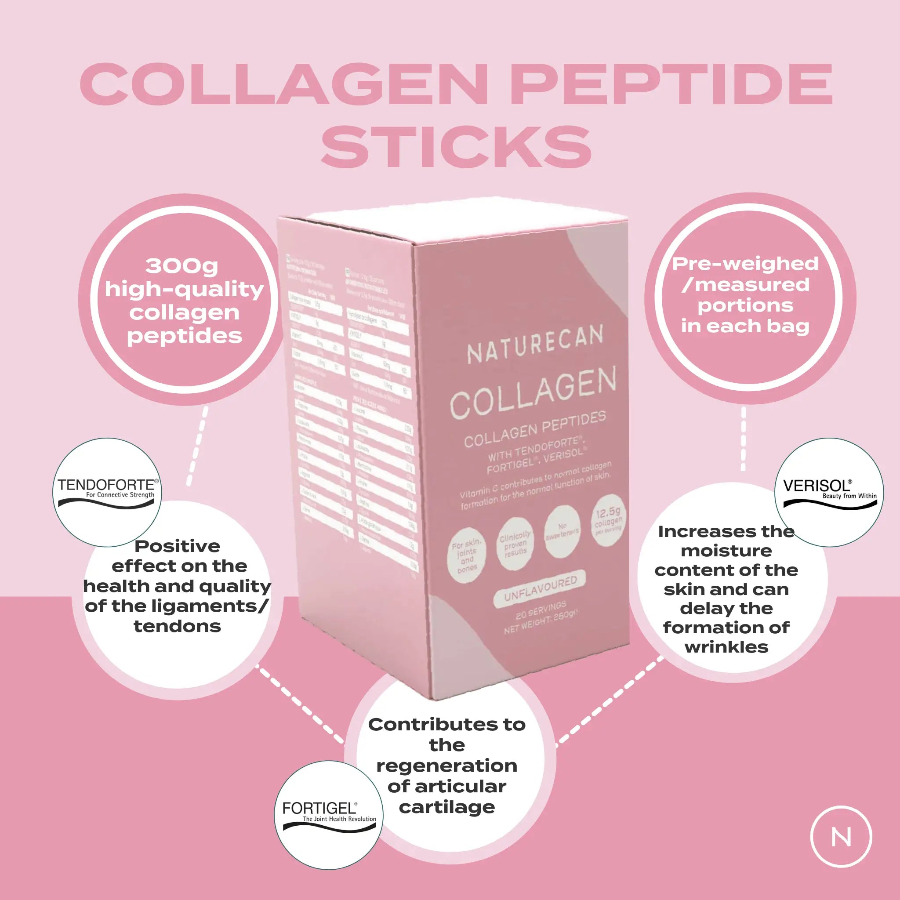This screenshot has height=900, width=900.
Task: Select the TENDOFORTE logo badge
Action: pyautogui.click(x=107, y=492)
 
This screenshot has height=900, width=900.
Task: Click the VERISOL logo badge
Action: pyautogui.click(x=829, y=492)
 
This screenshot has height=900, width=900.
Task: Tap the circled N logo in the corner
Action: pyautogui.click(x=841, y=837)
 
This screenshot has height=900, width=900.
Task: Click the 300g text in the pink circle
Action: pyautogui.click(x=181, y=266)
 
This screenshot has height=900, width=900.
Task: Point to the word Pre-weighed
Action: pyautogui.click(x=745, y=264)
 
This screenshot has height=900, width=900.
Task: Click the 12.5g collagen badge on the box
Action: pyautogui.click(x=608, y=520)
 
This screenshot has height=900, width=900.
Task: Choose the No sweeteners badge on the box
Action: pyautogui.click(x=562, y=532)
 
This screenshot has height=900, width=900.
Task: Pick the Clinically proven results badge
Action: pyautogui.click(x=515, y=543)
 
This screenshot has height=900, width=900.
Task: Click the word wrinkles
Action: pyautogui.click(x=726, y=647)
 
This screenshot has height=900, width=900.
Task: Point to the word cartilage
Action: pyautogui.click(x=447, y=807)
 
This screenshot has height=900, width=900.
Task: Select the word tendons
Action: pyautogui.click(x=177, y=626)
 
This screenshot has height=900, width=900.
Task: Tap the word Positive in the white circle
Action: pyautogui.click(x=177, y=546)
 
